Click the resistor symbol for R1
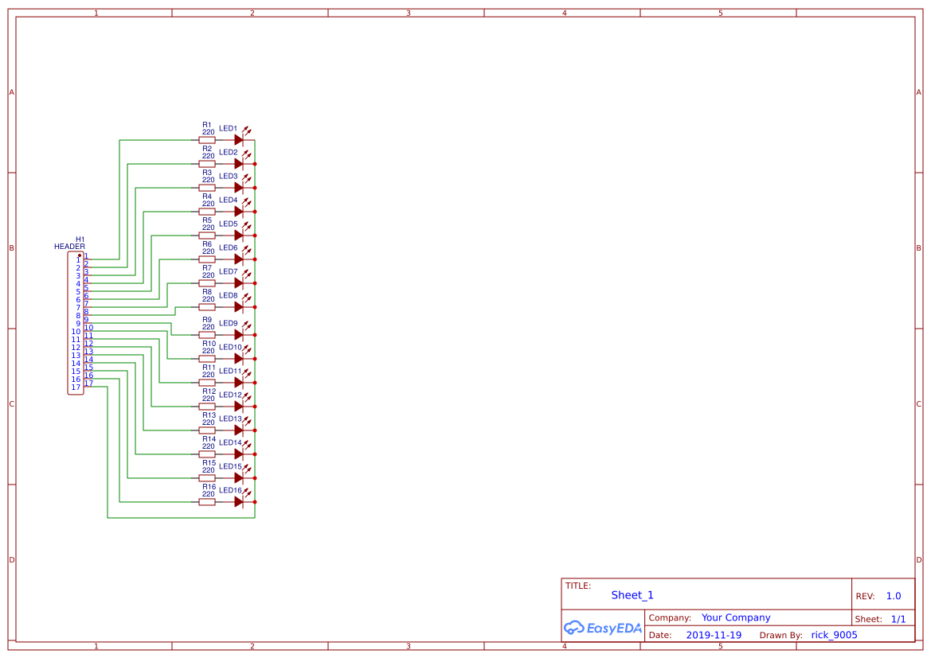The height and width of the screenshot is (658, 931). click(207, 140)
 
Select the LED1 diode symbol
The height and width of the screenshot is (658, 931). click(239, 140)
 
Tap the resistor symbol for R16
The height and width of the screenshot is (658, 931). click(207, 502)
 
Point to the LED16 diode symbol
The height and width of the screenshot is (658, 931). click(239, 502)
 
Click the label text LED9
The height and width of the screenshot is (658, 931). click(228, 324)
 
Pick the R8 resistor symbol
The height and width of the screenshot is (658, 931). click(207, 307)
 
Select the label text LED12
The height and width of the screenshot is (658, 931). click(229, 395)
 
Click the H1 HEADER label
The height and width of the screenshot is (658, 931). click(70, 243)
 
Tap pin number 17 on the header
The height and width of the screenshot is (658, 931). click(76, 387)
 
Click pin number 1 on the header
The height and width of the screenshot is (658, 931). click(78, 260)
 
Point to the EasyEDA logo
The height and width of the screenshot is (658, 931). click(602, 628)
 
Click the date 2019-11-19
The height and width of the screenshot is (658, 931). click(713, 636)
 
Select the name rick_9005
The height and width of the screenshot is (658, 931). click(834, 636)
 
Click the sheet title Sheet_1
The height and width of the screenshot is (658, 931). click(632, 595)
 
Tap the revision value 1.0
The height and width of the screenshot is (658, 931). click(893, 596)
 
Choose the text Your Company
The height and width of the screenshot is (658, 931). click(735, 617)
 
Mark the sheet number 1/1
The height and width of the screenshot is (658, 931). click(898, 619)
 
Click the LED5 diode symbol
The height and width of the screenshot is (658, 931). click(239, 236)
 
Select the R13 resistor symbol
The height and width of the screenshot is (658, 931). click(207, 430)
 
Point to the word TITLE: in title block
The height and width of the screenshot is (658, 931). click(578, 586)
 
